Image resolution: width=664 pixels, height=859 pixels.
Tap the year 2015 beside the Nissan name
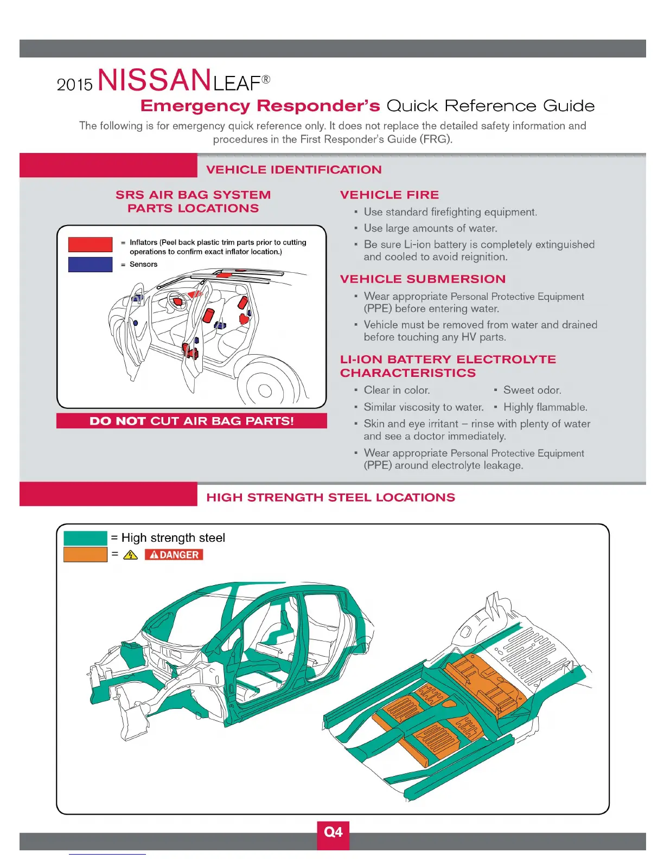[75, 85]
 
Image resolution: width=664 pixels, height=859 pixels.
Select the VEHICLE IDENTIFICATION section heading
[293, 170]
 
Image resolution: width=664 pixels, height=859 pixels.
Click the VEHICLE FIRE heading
[389, 195]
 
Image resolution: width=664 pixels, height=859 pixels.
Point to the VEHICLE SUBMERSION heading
[423, 279]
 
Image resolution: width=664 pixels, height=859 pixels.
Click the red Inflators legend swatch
[90, 245]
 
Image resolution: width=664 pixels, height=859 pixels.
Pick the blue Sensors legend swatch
[90, 265]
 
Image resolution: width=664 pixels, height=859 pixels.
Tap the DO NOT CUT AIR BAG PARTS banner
[191, 421]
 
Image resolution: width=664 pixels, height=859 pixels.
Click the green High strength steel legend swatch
[85, 538]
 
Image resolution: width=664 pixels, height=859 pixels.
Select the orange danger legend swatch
[85, 554]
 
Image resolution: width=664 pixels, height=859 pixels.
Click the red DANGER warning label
[174, 555]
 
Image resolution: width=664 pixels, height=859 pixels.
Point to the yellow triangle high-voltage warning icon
[130, 555]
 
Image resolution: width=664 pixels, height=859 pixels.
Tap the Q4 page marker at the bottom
[333, 832]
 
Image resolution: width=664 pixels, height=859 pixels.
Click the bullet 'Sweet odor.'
[532, 390]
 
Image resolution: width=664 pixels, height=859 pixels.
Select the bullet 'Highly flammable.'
[545, 407]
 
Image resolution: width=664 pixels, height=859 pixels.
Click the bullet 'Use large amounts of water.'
[430, 228]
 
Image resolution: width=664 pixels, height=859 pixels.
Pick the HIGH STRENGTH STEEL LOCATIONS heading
[330, 498]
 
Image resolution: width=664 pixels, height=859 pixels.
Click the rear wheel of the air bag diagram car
[265, 389]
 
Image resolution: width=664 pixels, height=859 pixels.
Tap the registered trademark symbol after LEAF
[266, 80]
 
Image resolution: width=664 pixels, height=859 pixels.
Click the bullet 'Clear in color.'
[397, 390]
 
